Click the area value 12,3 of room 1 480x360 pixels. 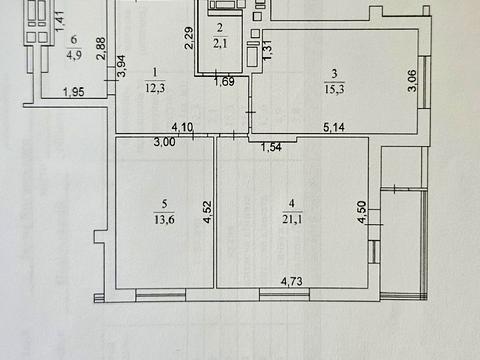155,89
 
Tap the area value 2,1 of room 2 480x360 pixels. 220,43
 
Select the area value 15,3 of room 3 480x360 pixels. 335,89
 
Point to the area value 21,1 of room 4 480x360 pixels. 292,219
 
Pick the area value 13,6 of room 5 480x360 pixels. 164,219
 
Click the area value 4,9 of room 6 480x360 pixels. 74,55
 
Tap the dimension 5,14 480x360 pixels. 334,127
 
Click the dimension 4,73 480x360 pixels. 292,281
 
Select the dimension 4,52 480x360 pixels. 207,212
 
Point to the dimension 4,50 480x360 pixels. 362,212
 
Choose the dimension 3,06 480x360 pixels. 412,80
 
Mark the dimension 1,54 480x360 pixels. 271,147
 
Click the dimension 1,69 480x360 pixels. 225,81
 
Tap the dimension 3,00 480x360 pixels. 165,142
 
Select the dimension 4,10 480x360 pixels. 182,127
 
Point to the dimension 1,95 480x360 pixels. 74,92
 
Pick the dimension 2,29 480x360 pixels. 189,38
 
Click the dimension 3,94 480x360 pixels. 122,66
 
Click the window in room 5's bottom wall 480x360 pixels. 161,295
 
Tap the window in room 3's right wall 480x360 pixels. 426,82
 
